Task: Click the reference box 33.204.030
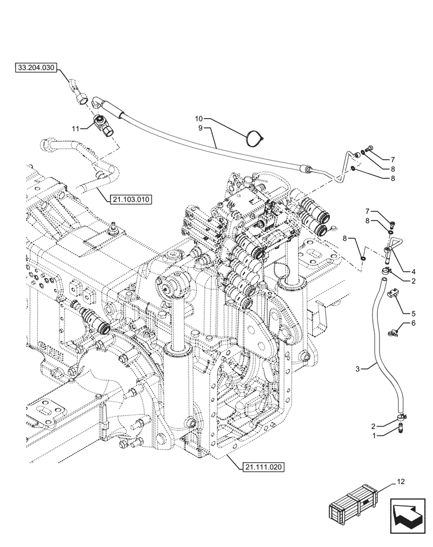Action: [36, 68]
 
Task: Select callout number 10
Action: [199, 118]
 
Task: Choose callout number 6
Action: [413, 323]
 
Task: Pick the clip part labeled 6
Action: [395, 330]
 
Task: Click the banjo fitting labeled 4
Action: [389, 251]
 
